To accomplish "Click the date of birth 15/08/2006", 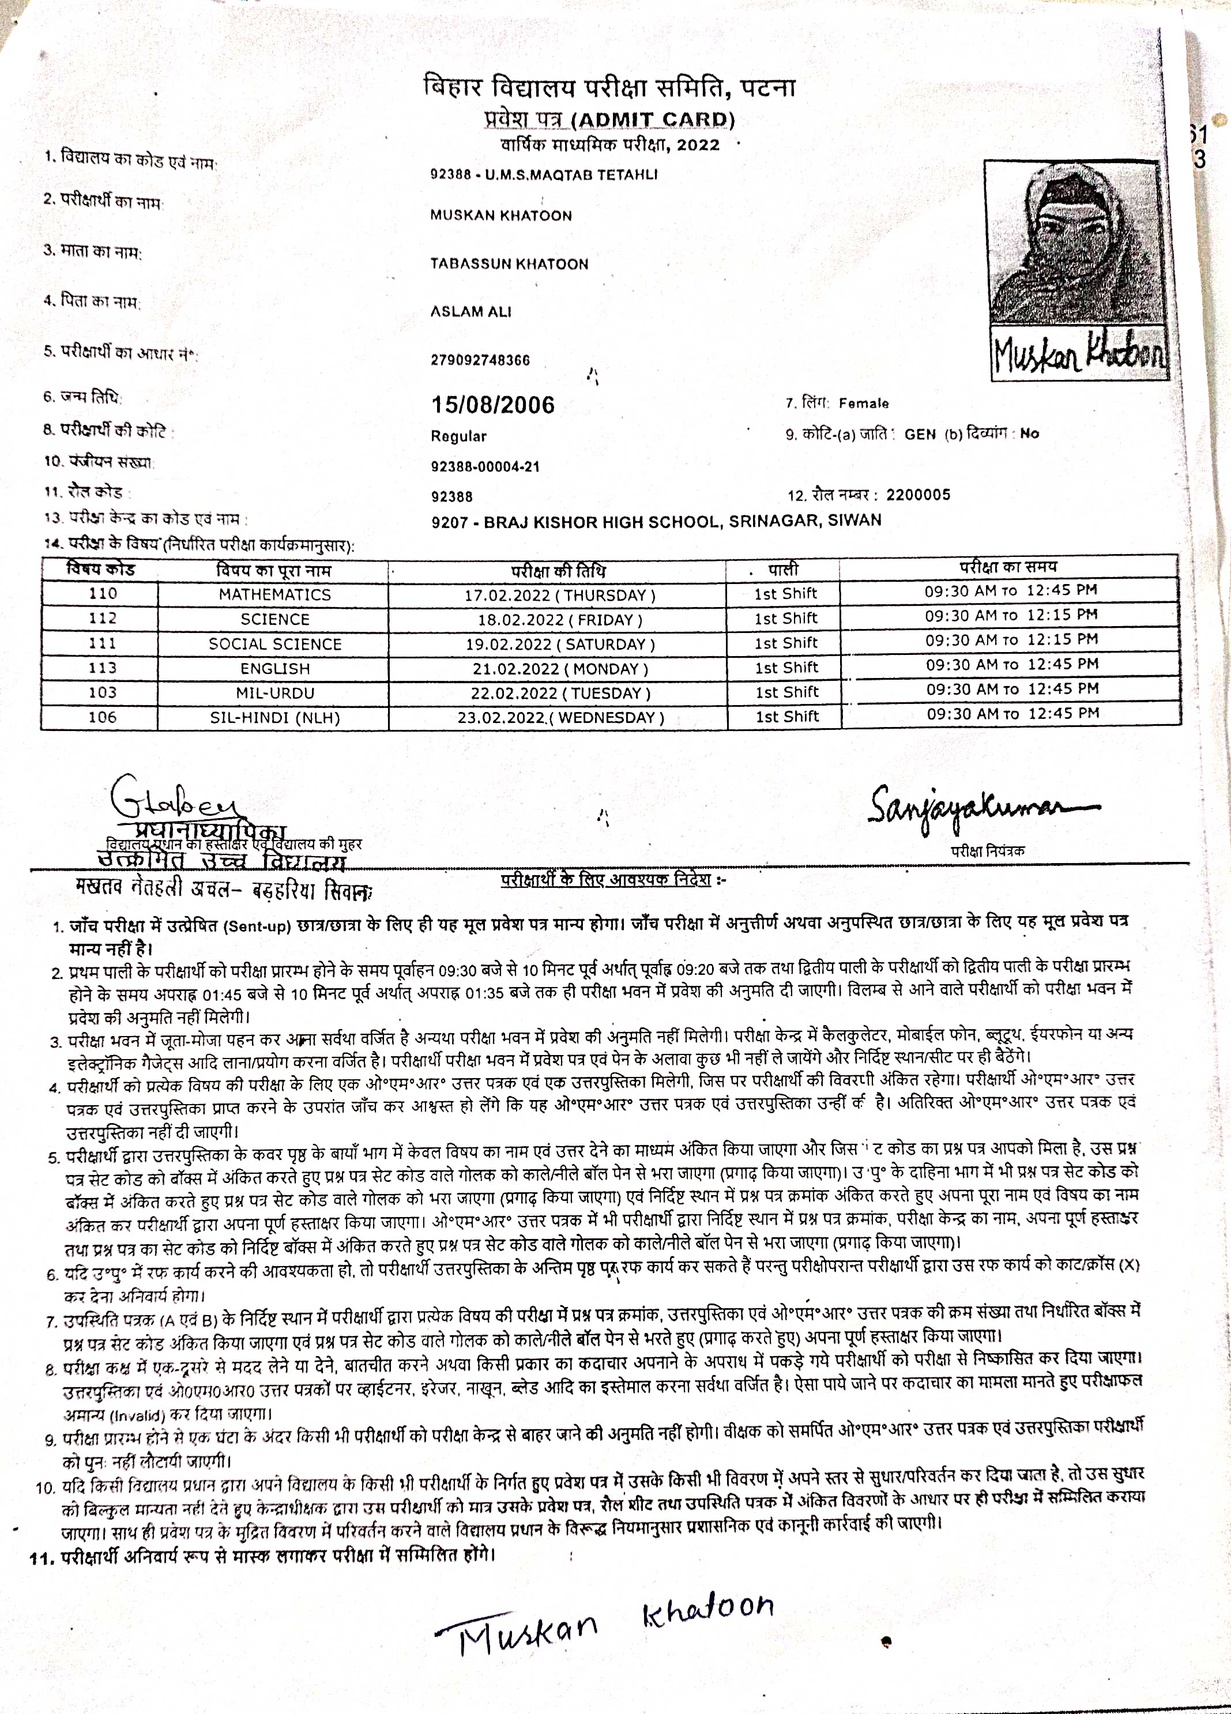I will (493, 405).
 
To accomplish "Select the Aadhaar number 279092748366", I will (480, 360).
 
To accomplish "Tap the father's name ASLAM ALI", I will (471, 311).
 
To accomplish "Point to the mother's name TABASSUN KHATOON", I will (509, 263).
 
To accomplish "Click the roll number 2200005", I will (918, 495).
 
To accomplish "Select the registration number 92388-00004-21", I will (485, 466).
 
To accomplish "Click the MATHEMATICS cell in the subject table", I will (274, 595).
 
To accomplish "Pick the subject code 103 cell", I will (102, 692).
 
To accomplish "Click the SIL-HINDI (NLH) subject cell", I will (274, 717).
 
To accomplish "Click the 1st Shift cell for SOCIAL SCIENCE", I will (786, 643).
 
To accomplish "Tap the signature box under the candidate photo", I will (1079, 353).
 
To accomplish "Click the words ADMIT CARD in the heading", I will (654, 120).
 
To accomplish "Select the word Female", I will (864, 404).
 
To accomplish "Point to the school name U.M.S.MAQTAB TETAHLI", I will (571, 175).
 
